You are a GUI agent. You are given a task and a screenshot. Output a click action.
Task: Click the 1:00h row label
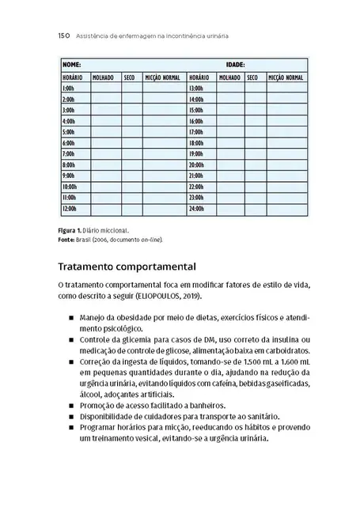tap(68, 89)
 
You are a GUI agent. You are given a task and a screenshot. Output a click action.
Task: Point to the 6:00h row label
tap(68, 143)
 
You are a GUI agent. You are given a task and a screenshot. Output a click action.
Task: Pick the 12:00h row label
tap(69, 208)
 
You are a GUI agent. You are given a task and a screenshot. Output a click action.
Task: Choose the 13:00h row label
tap(196, 89)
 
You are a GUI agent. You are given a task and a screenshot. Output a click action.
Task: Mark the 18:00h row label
tap(196, 143)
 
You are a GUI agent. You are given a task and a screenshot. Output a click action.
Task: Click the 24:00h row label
tap(196, 208)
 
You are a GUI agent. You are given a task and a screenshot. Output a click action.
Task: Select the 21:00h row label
tap(196, 176)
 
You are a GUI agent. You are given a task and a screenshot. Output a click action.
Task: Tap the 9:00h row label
tap(68, 176)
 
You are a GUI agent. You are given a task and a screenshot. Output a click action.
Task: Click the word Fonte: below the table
tap(67, 238)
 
